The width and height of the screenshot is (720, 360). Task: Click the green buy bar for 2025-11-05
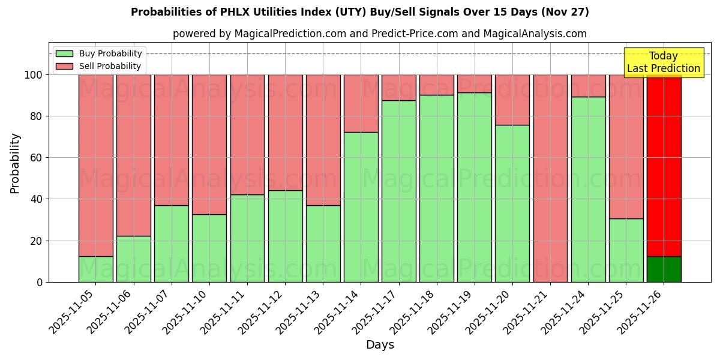[x=95, y=269]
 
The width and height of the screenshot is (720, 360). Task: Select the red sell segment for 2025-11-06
[x=133, y=155]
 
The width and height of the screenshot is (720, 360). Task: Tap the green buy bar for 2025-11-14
[x=361, y=207]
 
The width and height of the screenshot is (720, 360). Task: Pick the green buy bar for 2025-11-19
[x=474, y=187]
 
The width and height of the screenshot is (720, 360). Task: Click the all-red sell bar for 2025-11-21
[x=550, y=178]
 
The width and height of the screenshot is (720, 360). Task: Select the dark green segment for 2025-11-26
[x=664, y=269]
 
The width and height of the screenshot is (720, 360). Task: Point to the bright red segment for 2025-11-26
[x=664, y=165]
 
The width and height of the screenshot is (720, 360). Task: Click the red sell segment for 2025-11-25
[x=626, y=146]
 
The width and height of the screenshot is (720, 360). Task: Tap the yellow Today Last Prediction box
[x=664, y=62]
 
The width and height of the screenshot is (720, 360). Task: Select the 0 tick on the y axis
[x=40, y=282]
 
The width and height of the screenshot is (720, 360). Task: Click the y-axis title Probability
[x=15, y=163]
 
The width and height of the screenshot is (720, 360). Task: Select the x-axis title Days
[x=380, y=345]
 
